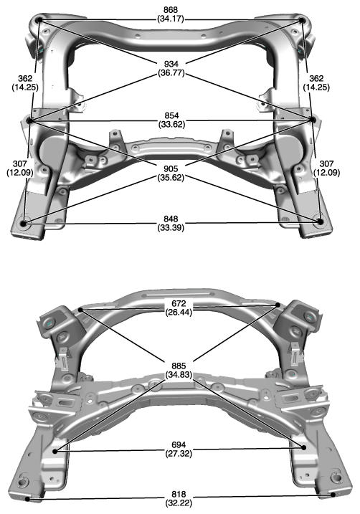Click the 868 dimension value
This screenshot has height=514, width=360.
pyautogui.click(x=171, y=10)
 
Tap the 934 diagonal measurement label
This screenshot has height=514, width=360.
pyautogui.click(x=171, y=64)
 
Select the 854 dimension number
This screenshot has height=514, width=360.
pyautogui.click(x=171, y=115)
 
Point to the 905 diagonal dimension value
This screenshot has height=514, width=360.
pyautogui.click(x=171, y=168)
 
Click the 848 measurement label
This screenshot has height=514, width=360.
pyautogui.click(x=171, y=219)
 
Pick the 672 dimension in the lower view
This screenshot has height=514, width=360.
pyautogui.click(x=179, y=303)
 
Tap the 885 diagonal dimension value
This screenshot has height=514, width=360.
pyautogui.click(x=179, y=366)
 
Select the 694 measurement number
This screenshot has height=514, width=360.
pyautogui.click(x=179, y=445)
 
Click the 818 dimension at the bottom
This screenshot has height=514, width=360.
pyautogui.click(x=179, y=494)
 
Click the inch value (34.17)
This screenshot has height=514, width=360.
pyautogui.click(x=171, y=19)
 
